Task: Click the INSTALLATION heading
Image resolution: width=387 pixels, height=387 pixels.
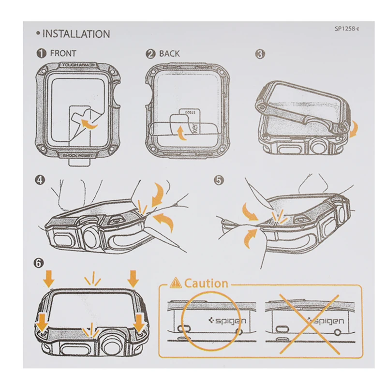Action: (x=76, y=34)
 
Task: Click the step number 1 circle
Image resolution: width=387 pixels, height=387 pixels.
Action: (x=42, y=54)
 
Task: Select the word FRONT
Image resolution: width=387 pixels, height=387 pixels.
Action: (x=63, y=54)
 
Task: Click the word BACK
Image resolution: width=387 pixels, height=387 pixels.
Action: (x=169, y=54)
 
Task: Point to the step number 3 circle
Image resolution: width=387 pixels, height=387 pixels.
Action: (x=260, y=54)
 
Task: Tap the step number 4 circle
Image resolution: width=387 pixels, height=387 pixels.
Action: (x=40, y=180)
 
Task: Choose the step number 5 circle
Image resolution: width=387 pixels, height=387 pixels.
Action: (x=219, y=180)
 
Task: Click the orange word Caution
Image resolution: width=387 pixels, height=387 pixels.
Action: (x=206, y=283)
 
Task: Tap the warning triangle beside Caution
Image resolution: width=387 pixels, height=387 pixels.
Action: (x=176, y=283)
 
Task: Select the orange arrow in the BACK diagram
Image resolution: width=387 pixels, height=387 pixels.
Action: (x=182, y=132)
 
